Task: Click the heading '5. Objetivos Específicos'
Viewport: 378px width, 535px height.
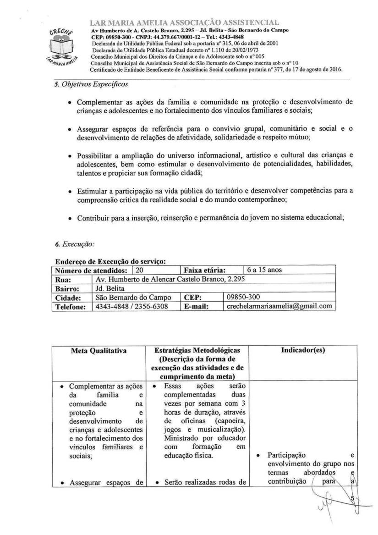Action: (x=91, y=84)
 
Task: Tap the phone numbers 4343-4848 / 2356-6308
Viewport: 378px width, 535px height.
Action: (x=131, y=306)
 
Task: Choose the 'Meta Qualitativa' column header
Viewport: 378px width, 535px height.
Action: (x=99, y=351)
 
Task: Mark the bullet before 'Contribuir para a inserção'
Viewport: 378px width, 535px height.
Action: (x=69, y=219)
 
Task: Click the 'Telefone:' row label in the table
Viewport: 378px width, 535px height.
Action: (x=71, y=306)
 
